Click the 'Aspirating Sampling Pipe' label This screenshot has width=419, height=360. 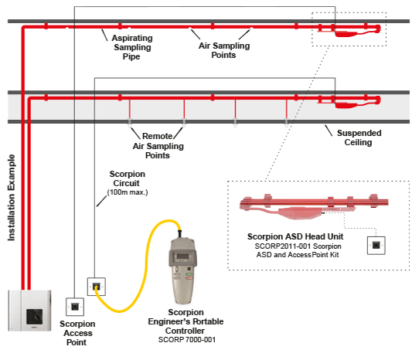(x=132, y=47)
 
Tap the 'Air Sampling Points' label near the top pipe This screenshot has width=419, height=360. (x=224, y=50)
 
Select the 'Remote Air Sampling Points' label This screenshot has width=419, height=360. (x=158, y=146)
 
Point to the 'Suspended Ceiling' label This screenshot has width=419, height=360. (x=359, y=138)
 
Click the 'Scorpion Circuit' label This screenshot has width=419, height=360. (x=128, y=178)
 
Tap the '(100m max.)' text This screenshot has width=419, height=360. (x=128, y=192)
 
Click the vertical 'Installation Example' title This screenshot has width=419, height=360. (x=12, y=198)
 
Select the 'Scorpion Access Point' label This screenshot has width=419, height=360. (x=77, y=333)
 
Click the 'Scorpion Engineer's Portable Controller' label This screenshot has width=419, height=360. (x=186, y=321)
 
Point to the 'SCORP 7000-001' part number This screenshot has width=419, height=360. (x=187, y=340)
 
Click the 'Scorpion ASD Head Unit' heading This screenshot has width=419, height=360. (x=295, y=236)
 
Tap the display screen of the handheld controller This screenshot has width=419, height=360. (x=182, y=256)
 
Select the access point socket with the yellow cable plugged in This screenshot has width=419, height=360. (x=97, y=287)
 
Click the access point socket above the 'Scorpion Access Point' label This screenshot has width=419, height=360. (x=75, y=307)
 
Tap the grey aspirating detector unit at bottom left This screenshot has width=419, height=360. (x=29, y=311)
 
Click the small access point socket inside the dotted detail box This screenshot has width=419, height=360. (x=376, y=245)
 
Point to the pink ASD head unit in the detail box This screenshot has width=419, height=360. (x=314, y=206)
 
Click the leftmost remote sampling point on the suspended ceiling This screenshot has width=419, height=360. (x=130, y=122)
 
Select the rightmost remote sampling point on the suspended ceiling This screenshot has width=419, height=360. (x=287, y=122)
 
